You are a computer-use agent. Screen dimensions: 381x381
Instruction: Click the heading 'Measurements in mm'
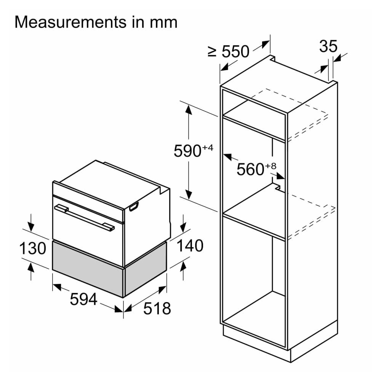[x=96, y=22]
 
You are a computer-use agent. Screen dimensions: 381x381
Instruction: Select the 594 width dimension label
[x=83, y=299]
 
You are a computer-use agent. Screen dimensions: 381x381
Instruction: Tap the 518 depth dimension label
[x=157, y=308]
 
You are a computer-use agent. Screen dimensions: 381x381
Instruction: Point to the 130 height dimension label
[x=33, y=248]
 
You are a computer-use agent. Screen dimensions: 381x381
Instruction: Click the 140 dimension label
[x=189, y=246]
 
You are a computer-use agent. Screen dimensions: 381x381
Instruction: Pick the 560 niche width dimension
[x=250, y=169]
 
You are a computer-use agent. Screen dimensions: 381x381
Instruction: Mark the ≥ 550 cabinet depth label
[x=229, y=52]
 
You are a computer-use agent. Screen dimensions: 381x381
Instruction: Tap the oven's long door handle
[x=84, y=218]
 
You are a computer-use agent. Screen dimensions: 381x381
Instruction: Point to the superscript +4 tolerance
[x=208, y=147]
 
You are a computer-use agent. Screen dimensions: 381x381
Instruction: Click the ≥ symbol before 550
[x=212, y=52]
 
